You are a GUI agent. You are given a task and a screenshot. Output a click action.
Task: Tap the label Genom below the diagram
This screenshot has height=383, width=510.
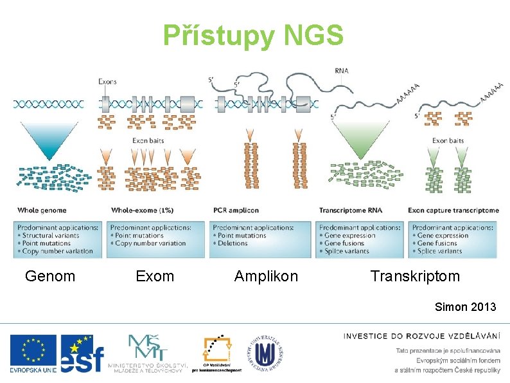point(50,276)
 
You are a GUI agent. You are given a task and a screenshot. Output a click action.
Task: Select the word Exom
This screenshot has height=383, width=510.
point(155,276)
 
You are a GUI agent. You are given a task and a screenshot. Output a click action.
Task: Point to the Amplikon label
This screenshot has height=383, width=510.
point(266,276)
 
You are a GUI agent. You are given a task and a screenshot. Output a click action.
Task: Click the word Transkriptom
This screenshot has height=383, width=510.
point(415,276)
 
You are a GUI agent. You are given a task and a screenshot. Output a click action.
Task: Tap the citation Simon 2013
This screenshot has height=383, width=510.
point(466,306)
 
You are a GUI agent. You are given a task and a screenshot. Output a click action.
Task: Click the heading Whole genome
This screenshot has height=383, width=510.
point(42,210)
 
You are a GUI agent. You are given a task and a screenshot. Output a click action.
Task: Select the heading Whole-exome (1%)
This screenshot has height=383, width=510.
point(142,210)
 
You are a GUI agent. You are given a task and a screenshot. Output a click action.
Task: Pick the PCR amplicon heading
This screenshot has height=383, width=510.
point(236,210)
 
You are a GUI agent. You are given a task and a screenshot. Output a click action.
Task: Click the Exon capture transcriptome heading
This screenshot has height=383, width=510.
point(453,210)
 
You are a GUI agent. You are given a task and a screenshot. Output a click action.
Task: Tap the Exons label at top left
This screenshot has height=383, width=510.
point(107,82)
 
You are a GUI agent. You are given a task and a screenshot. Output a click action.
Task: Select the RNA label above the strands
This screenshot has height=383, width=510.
point(342,71)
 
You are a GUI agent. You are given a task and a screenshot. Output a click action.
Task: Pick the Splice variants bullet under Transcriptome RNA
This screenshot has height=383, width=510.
point(347,251)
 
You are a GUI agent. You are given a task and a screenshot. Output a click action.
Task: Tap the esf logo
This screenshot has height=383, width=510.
point(82,355)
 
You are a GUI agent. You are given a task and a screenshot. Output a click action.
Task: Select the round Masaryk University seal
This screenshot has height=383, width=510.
point(264,353)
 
